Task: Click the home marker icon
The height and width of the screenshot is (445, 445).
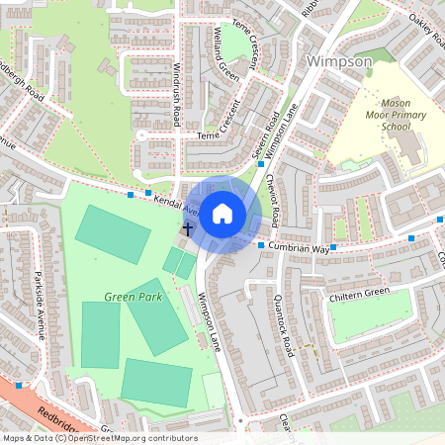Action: (222, 214)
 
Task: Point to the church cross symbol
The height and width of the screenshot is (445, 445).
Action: (187, 228)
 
